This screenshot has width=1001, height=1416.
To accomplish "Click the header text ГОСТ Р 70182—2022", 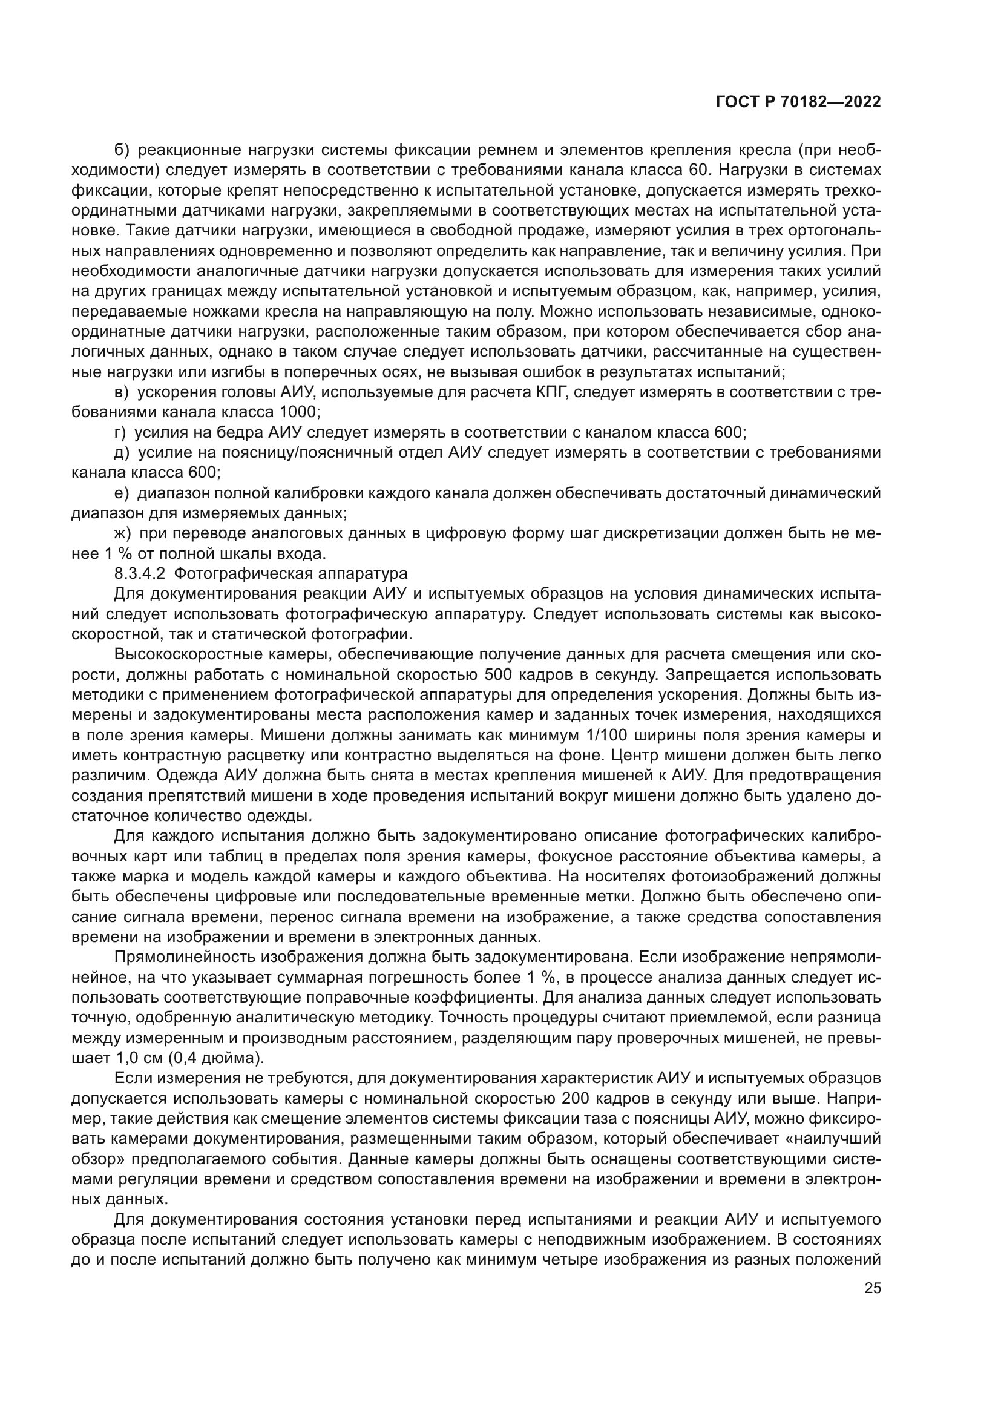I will pyautogui.click(x=798, y=102).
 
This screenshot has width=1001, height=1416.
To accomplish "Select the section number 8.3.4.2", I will pyautogui.click(x=139, y=573).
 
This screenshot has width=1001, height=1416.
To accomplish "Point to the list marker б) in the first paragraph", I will pyautogui.click(x=122, y=150).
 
